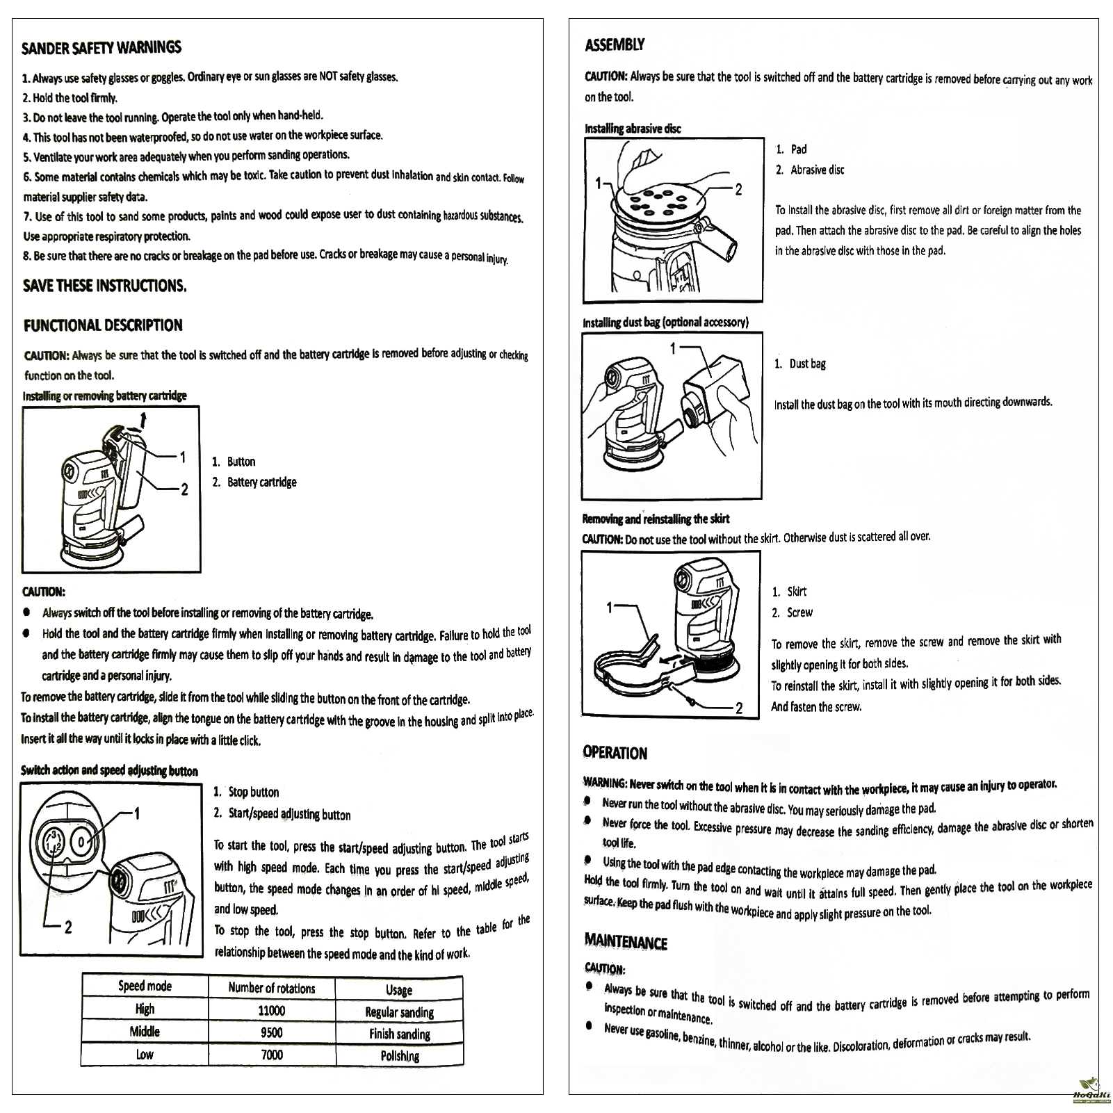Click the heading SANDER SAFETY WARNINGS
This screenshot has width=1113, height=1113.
pos(101,47)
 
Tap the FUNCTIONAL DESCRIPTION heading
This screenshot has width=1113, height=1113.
pos(103,325)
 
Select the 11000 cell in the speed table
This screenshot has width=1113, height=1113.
pos(272,1010)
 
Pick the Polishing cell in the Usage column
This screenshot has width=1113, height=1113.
pos(400,1056)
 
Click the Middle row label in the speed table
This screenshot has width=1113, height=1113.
pos(145,1032)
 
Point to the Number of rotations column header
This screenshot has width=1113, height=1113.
pos(272,988)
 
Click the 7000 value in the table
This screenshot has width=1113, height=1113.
pos(272,1055)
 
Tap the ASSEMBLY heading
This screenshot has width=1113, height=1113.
pos(615,45)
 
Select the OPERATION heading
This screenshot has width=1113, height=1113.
pos(615,753)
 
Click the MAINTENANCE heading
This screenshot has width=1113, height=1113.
pos(626,943)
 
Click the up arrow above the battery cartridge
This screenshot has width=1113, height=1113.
pos(144,419)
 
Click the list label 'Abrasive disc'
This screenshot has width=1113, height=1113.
pos(818,170)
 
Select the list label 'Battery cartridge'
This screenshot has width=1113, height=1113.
pos(261,482)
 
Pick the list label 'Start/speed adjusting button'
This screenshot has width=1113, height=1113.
pos(289,814)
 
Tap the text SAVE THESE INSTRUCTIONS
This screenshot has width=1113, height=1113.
pos(104,286)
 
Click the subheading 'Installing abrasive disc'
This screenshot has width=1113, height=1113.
pos(633,129)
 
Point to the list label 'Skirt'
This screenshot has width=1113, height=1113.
pos(797,592)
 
